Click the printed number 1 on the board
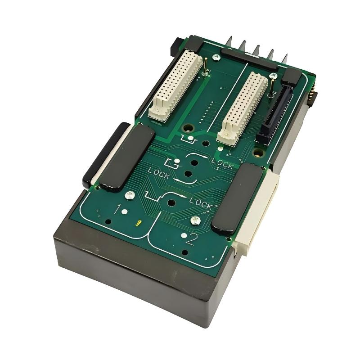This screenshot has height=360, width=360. [118, 209]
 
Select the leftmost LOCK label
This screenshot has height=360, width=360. [158, 173]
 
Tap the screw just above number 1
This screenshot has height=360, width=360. [130, 195]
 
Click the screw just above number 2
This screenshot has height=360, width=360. [195, 220]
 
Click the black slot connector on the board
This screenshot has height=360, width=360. [274, 111]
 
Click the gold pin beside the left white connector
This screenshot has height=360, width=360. [206, 66]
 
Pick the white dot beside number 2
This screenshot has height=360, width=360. [184, 235]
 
